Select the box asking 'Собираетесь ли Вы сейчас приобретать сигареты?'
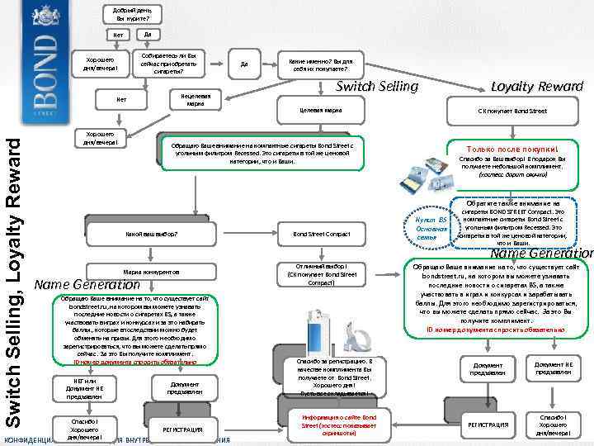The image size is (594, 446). click(174, 63)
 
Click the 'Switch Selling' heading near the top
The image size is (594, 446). click(377, 87)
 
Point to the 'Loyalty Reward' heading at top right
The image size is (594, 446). click(536, 87)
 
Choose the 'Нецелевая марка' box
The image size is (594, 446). click(196, 100)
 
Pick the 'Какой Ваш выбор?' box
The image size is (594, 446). click(158, 234)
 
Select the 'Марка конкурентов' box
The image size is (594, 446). click(158, 271)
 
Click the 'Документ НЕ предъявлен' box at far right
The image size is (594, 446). click(553, 368)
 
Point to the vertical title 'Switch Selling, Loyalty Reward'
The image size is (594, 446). click(12, 273)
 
